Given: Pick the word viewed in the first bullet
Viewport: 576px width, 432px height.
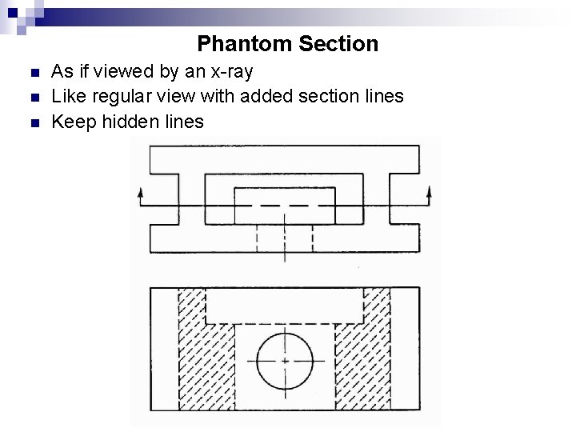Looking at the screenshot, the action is [x=125, y=72].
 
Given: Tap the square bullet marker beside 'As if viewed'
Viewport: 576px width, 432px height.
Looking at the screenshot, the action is [x=33, y=74].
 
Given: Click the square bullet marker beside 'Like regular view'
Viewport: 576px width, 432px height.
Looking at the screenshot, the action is [x=33, y=99].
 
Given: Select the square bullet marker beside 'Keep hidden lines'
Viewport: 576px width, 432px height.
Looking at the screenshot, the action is [x=33, y=124].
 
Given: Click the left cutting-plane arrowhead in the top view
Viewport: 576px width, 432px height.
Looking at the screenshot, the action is [x=142, y=192].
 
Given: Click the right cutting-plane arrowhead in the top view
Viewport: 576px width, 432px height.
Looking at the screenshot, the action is [x=429, y=192].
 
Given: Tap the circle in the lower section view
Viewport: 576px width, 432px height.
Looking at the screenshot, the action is [x=286, y=360].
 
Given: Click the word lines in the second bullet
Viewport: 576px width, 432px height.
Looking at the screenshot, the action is [x=383, y=97].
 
